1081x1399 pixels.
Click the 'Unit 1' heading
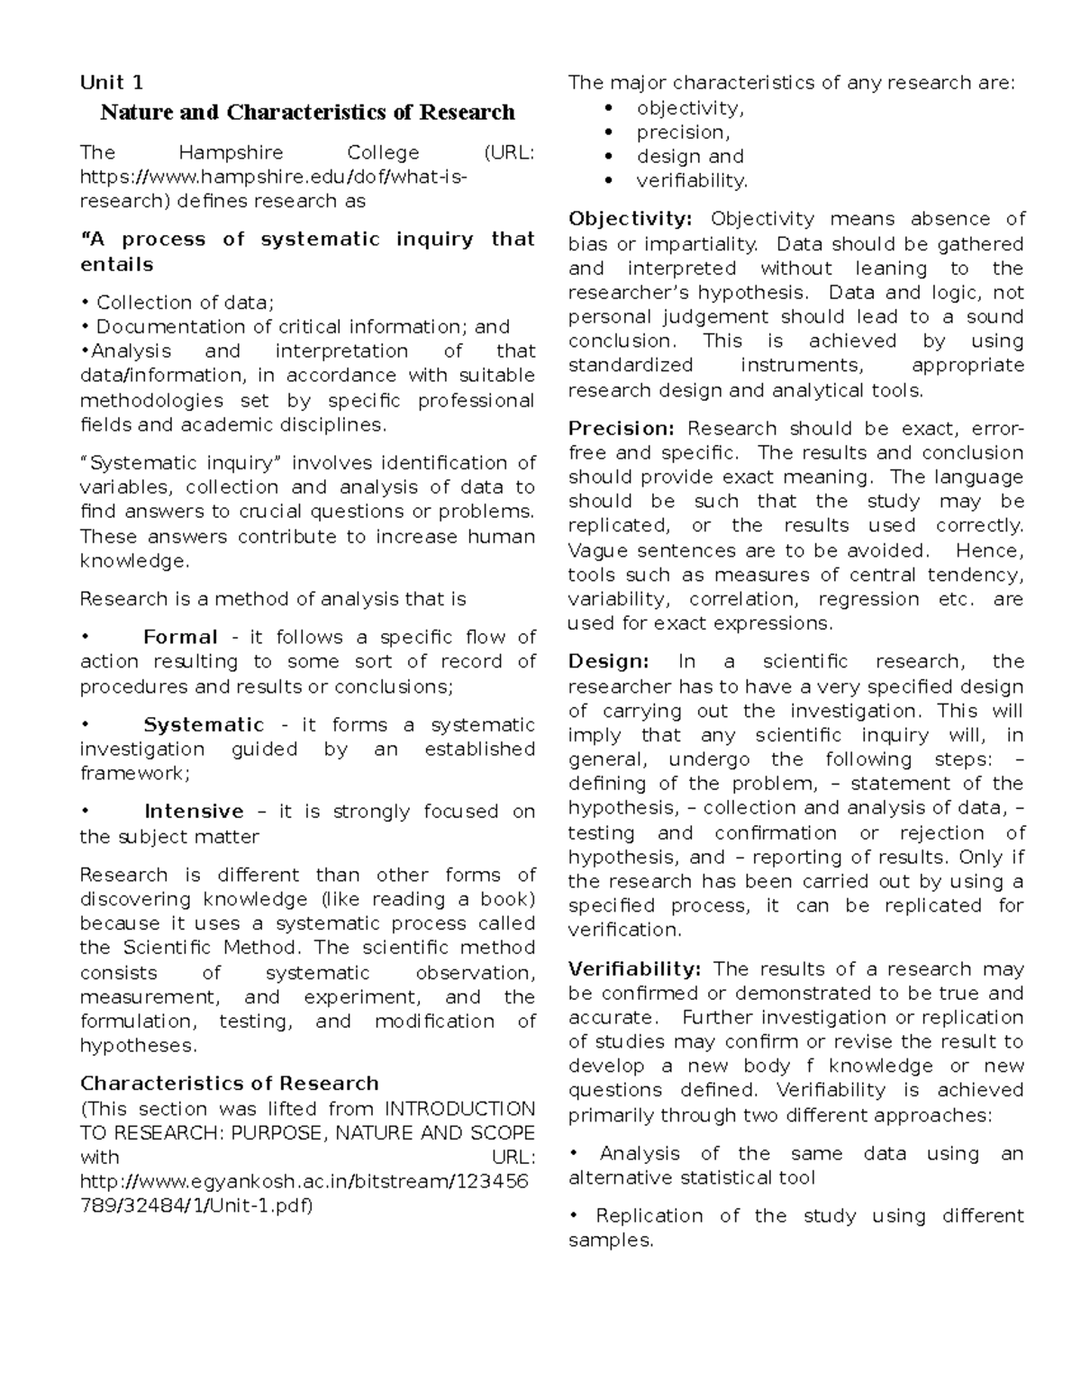click(112, 83)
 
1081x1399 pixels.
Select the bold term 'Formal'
click(180, 638)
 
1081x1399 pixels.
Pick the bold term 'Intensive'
click(194, 812)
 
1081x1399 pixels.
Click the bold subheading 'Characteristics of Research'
click(229, 1083)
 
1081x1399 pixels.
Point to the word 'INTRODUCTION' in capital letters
click(459, 1108)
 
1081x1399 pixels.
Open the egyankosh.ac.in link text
click(304, 1181)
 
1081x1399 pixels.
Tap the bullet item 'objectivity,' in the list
click(690, 108)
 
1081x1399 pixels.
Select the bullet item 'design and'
click(690, 157)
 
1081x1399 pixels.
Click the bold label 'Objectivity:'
click(630, 219)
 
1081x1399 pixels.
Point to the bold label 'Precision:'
click(621, 429)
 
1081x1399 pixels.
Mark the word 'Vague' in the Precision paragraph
click(595, 550)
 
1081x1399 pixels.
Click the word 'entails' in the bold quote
click(116, 265)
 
